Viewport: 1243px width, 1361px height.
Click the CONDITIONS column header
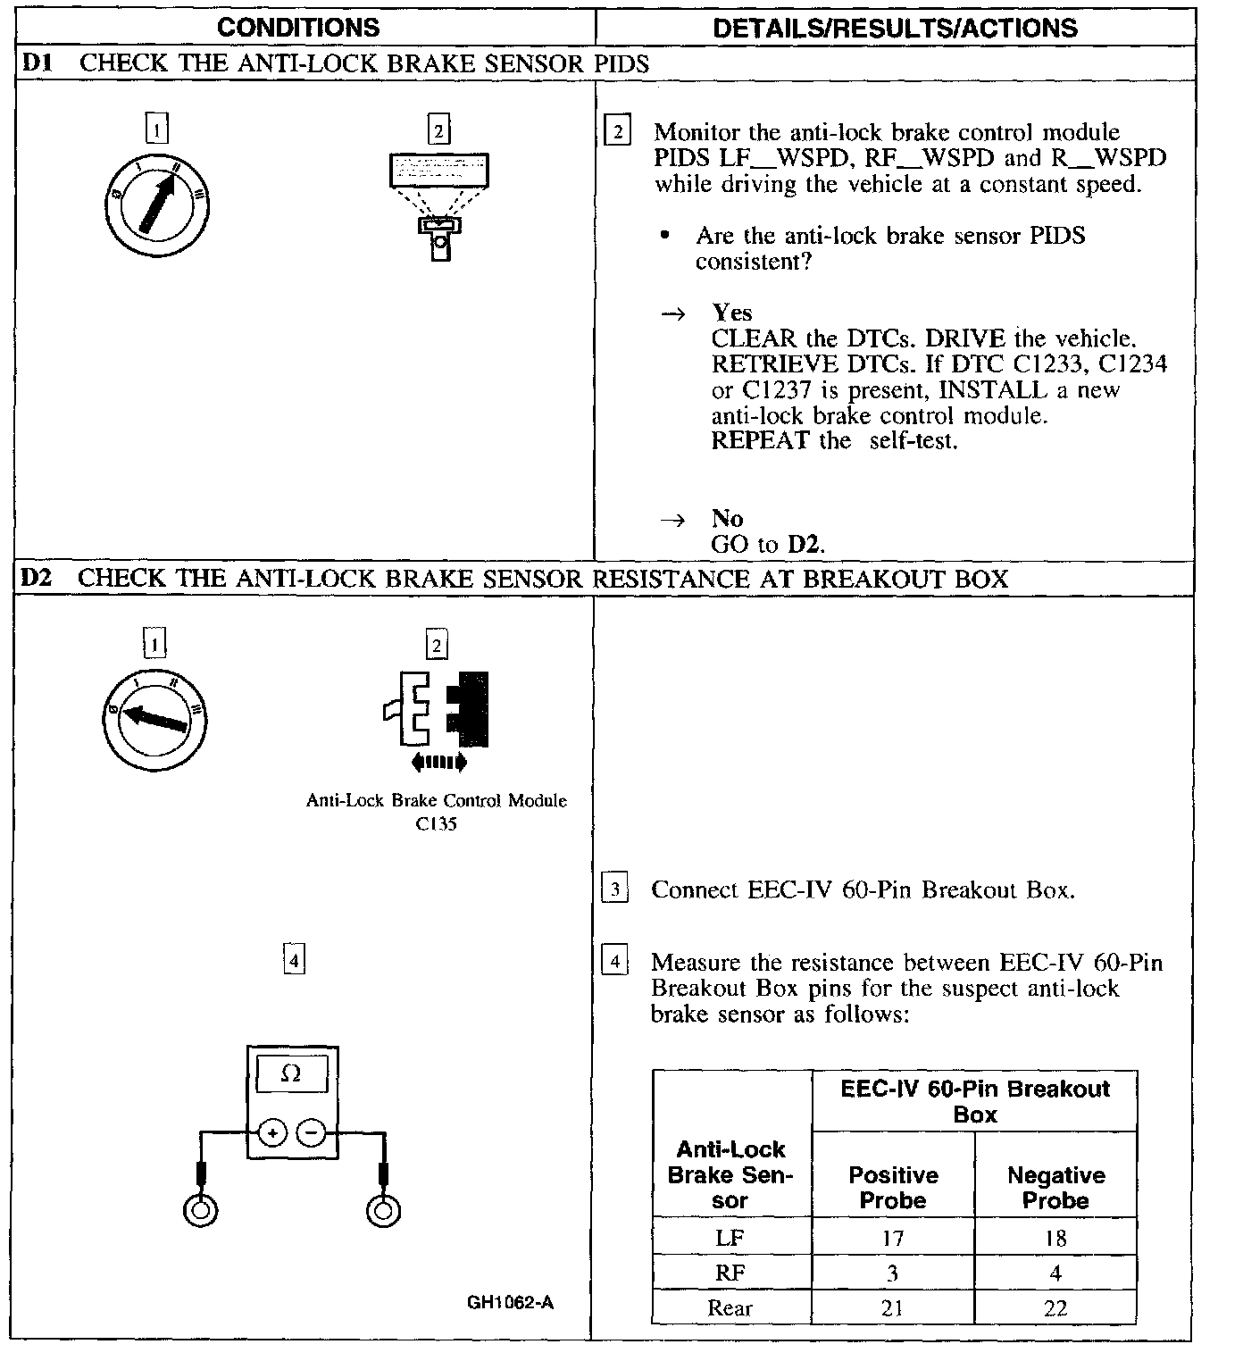pyautogui.click(x=298, y=28)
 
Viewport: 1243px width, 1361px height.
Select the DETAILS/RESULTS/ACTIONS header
pyautogui.click(x=895, y=28)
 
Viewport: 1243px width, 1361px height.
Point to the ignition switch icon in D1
pyautogui.click(x=157, y=205)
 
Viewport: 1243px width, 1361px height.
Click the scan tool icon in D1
pyautogui.click(x=439, y=205)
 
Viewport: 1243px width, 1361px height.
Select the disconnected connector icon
pyautogui.click(x=438, y=708)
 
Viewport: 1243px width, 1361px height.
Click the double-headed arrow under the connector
pyautogui.click(x=438, y=762)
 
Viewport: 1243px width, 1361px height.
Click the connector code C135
pyautogui.click(x=436, y=824)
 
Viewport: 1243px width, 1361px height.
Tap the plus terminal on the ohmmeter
pyautogui.click(x=272, y=1133)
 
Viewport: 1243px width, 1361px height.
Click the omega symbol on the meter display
pyautogui.click(x=291, y=1073)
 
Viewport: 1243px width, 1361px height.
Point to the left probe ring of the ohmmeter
pyautogui.click(x=200, y=1211)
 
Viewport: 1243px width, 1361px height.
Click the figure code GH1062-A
pyautogui.click(x=510, y=1303)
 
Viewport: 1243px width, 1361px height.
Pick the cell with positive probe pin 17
pyautogui.click(x=893, y=1238)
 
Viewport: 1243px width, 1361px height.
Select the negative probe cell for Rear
pyautogui.click(x=1055, y=1308)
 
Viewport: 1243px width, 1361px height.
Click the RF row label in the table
pyautogui.click(x=730, y=1273)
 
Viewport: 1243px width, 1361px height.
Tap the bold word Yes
pyautogui.click(x=732, y=313)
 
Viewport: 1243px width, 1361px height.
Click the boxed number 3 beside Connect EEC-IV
pyautogui.click(x=615, y=889)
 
